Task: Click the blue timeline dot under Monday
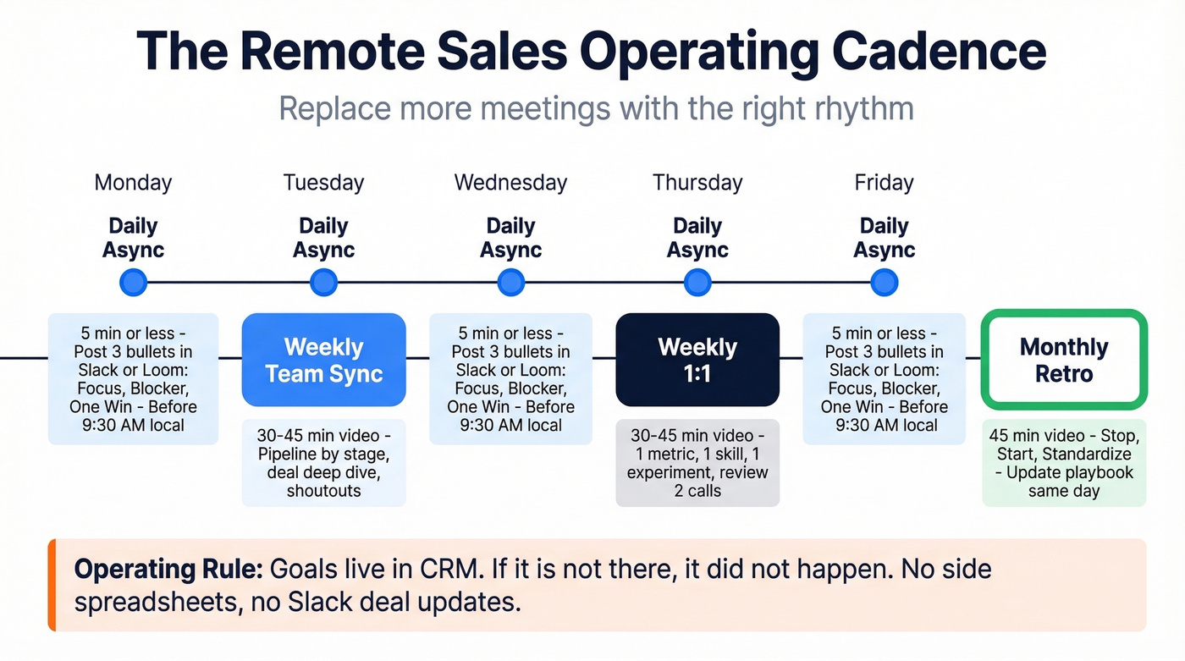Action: pyautogui.click(x=133, y=283)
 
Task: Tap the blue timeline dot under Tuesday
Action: pyautogui.click(x=323, y=283)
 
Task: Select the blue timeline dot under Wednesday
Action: pyautogui.click(x=510, y=283)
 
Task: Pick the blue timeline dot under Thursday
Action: pyautogui.click(x=697, y=283)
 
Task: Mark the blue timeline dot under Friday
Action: pyautogui.click(x=884, y=283)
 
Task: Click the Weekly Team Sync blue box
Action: pyautogui.click(x=323, y=360)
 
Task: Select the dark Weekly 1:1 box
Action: pyautogui.click(x=697, y=360)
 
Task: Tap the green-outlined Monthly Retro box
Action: pyautogui.click(x=1064, y=360)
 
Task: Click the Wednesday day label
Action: pyautogui.click(x=510, y=183)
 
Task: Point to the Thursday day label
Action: pyautogui.click(x=697, y=183)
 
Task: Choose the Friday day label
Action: pyautogui.click(x=884, y=183)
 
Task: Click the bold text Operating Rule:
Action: pyautogui.click(x=168, y=569)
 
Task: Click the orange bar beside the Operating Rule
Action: pyautogui.click(x=52, y=585)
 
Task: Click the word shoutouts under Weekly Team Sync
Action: pyautogui.click(x=323, y=491)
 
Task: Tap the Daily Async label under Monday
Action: pyautogui.click(x=133, y=238)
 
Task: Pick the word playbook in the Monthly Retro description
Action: pyautogui.click(x=1094, y=472)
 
